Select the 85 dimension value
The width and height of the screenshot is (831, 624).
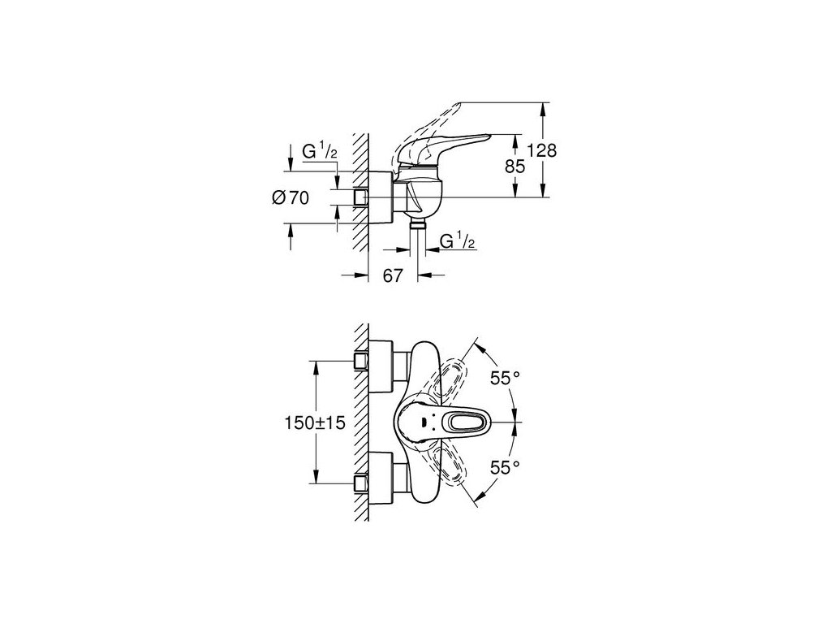tap(515, 167)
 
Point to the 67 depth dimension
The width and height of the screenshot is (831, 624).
tap(393, 275)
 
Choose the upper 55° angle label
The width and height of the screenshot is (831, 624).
tap(505, 377)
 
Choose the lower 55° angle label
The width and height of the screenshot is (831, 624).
tap(505, 467)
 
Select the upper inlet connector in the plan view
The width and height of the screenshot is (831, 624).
tap(362, 360)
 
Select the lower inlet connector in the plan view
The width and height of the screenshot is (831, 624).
tap(362, 485)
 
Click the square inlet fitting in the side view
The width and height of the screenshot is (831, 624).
tap(362, 197)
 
